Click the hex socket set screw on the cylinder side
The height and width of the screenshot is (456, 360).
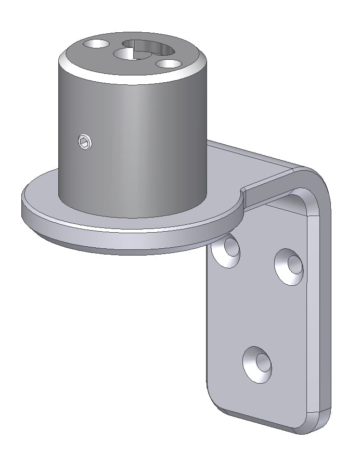pos(85,141)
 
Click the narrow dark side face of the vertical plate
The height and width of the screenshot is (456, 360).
pos(325,312)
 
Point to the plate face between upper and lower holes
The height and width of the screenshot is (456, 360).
pos(260,312)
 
